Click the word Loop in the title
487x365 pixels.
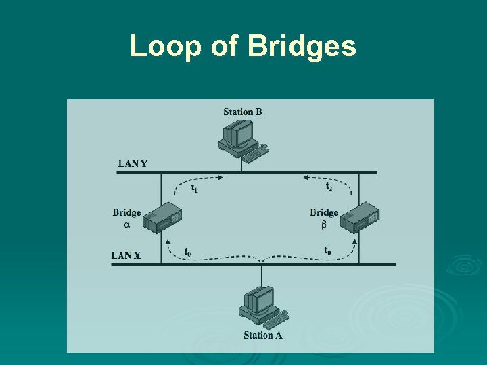click(x=156, y=46)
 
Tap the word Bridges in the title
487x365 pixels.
click(x=302, y=46)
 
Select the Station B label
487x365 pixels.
click(x=242, y=112)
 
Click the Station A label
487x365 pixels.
click(x=263, y=335)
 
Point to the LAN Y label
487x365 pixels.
click(x=133, y=163)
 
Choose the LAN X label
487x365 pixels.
click(x=126, y=255)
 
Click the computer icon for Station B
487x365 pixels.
click(x=238, y=136)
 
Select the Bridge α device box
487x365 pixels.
click(x=163, y=216)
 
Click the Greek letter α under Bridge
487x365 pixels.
click(x=126, y=224)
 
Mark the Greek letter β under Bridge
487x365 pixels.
click(x=324, y=224)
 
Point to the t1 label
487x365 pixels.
click(x=194, y=187)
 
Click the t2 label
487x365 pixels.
click(x=329, y=186)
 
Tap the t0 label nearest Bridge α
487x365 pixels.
click(x=188, y=252)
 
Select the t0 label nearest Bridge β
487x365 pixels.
click(x=327, y=251)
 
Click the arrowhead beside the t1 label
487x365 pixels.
click(x=218, y=178)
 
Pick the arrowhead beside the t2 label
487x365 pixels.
click(x=307, y=178)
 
